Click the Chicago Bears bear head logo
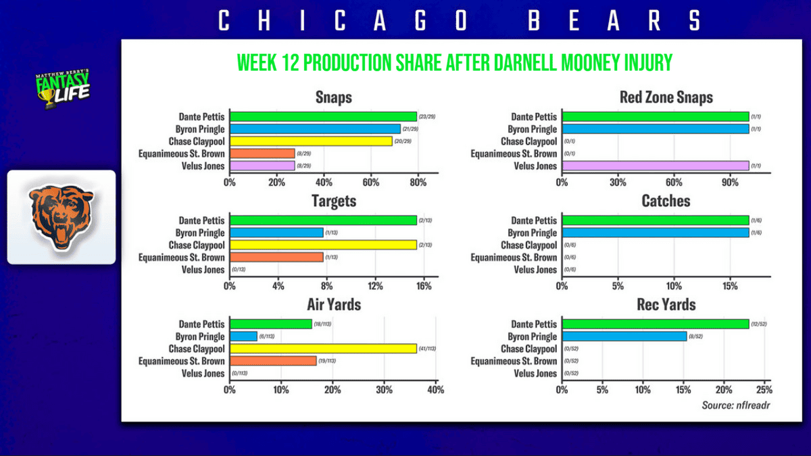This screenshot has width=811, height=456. (61, 217)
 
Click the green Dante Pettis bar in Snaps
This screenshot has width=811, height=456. (323, 117)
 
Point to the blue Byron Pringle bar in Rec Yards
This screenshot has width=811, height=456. (624, 336)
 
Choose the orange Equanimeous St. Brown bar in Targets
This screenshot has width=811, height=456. (276, 257)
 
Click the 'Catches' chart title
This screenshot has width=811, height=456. (666, 201)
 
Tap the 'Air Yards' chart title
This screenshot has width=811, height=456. (334, 305)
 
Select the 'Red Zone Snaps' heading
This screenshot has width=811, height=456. (666, 97)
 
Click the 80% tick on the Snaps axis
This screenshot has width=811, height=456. (418, 182)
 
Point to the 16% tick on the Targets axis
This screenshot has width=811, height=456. (424, 286)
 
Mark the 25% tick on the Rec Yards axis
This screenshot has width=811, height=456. (764, 390)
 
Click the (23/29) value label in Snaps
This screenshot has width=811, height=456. (427, 117)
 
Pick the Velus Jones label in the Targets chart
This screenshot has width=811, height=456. (201, 270)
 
